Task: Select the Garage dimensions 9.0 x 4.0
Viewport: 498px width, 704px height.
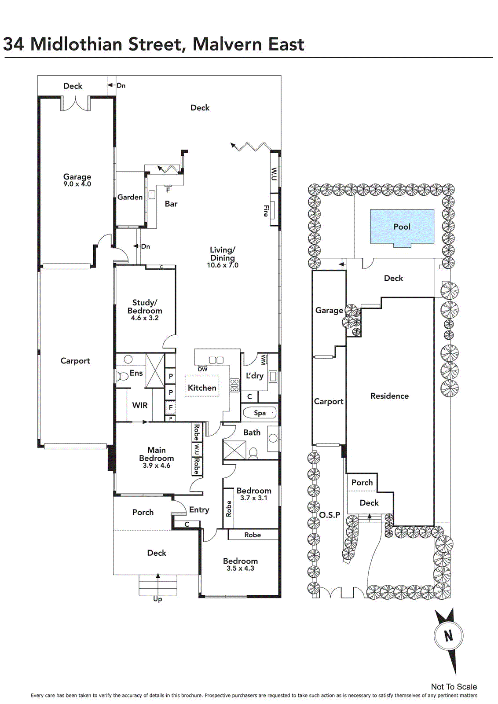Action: pos(77,184)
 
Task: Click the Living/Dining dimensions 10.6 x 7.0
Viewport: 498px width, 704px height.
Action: pos(223,265)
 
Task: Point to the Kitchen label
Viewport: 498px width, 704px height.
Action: pos(202,388)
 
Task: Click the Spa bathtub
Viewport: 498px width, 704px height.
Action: pos(260,413)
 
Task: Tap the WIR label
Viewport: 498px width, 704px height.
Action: pos(140,405)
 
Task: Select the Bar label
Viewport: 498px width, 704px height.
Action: pos(171,204)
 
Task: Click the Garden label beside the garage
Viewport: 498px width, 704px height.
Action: pos(130,198)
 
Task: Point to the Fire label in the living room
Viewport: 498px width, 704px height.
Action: pos(266,211)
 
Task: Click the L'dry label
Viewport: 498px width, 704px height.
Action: pos(254,376)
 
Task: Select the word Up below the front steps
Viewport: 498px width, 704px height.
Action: pos(157,599)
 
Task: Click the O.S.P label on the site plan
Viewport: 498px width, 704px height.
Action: pos(330,515)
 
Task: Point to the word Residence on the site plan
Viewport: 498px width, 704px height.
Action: pos(390,396)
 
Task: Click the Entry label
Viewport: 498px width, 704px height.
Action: pos(199,510)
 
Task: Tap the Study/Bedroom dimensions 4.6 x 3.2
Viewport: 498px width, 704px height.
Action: pos(145,318)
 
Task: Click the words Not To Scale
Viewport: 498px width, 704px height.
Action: pos(454,687)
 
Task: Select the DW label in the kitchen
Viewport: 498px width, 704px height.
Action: pos(203,370)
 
